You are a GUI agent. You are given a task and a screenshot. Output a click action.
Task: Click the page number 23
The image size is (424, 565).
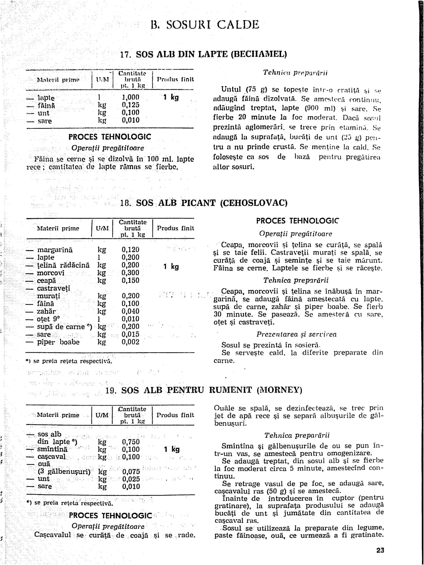380,550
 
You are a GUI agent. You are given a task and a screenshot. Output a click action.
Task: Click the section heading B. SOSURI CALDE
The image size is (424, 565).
205,25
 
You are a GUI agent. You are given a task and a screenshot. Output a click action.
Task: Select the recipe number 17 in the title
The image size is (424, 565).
125,55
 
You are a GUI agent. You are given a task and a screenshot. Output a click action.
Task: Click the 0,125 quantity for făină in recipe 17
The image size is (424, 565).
130,105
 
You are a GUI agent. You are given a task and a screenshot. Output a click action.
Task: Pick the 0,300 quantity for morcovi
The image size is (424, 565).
130,273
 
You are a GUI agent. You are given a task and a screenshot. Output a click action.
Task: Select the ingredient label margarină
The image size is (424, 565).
55,250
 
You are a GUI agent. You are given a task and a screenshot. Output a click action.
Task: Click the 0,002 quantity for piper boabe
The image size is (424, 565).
130,342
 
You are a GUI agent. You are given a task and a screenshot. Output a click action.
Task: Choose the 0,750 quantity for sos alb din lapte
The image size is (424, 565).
131,442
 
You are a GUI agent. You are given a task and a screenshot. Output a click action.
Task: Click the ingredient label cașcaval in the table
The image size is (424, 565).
52,457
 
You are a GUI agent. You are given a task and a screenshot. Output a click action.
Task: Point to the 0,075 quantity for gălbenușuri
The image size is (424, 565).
131,471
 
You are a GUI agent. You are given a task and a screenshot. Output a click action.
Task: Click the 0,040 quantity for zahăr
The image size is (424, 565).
130,311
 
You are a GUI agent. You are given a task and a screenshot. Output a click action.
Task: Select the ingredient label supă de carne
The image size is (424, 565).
61,327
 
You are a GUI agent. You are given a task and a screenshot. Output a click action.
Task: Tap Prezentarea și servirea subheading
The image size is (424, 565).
296,334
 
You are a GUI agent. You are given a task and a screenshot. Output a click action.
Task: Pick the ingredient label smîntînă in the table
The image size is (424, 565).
52,449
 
